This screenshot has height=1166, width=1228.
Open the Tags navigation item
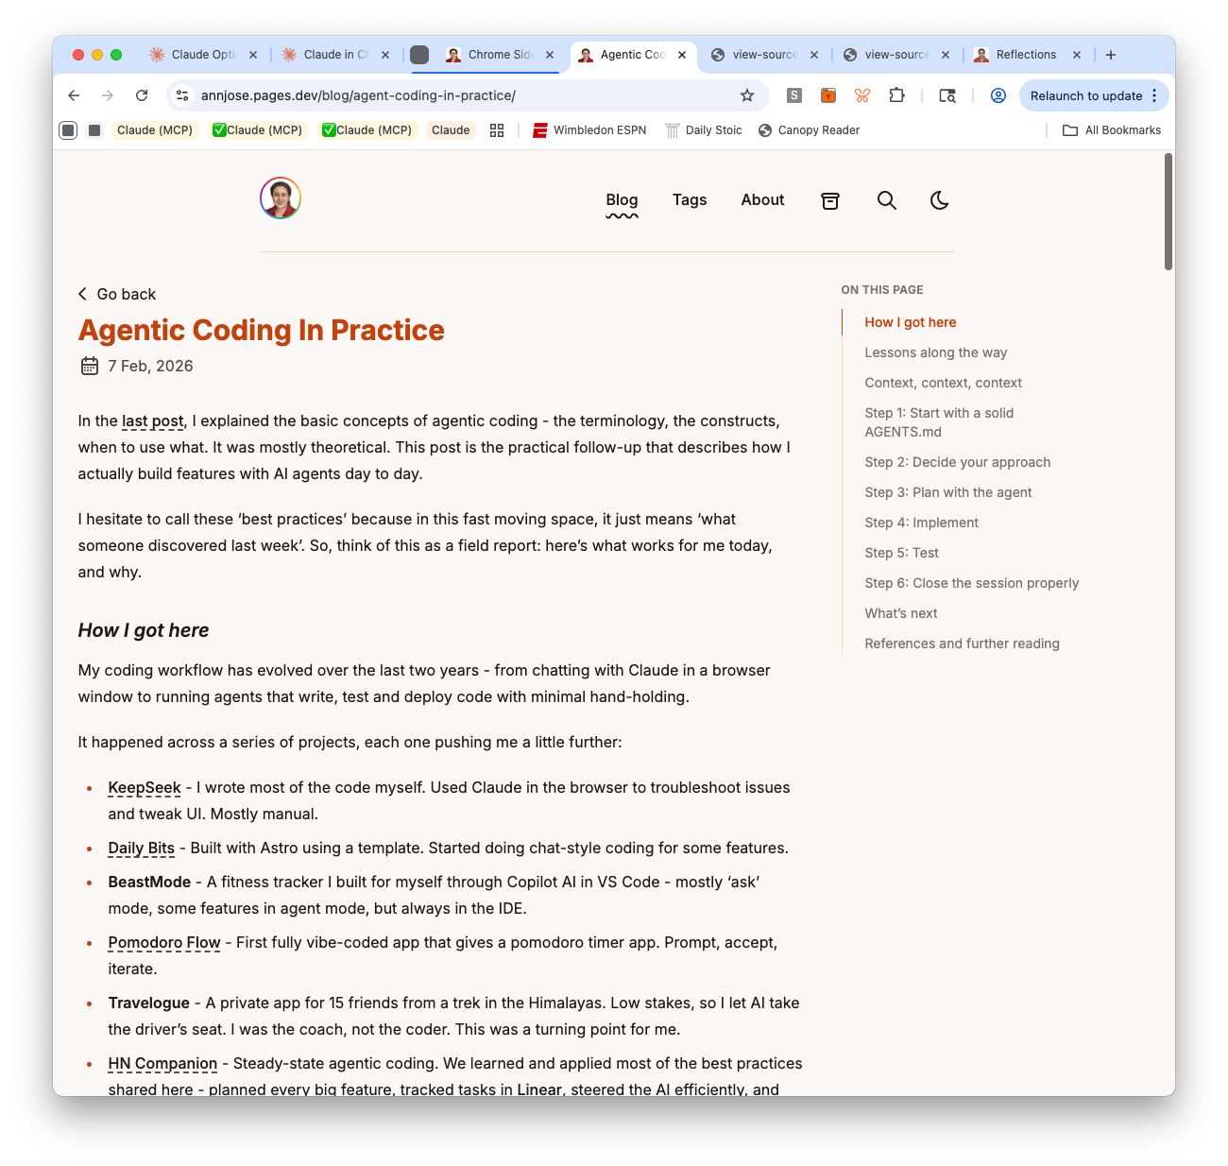click(x=690, y=199)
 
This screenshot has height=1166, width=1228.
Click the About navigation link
click(x=762, y=199)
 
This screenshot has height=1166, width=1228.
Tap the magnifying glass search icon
click(x=886, y=200)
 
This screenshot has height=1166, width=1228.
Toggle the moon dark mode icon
click(x=939, y=200)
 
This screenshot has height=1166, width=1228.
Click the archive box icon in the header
click(x=830, y=200)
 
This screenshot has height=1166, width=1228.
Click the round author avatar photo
click(x=281, y=198)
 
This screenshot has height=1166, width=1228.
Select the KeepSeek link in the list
click(x=145, y=787)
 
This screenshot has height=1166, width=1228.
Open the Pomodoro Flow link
click(x=164, y=942)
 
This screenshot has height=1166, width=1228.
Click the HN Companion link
click(x=162, y=1063)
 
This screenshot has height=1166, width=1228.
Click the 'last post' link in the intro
click(x=153, y=420)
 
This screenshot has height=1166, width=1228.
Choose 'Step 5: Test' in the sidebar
click(x=901, y=553)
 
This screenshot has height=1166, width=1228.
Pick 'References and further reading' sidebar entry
click(x=962, y=643)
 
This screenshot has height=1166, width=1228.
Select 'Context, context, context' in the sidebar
click(x=943, y=383)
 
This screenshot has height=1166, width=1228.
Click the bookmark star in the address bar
click(x=747, y=95)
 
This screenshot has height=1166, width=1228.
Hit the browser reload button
click(x=142, y=95)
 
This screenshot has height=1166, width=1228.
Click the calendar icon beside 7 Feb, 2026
click(x=90, y=366)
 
